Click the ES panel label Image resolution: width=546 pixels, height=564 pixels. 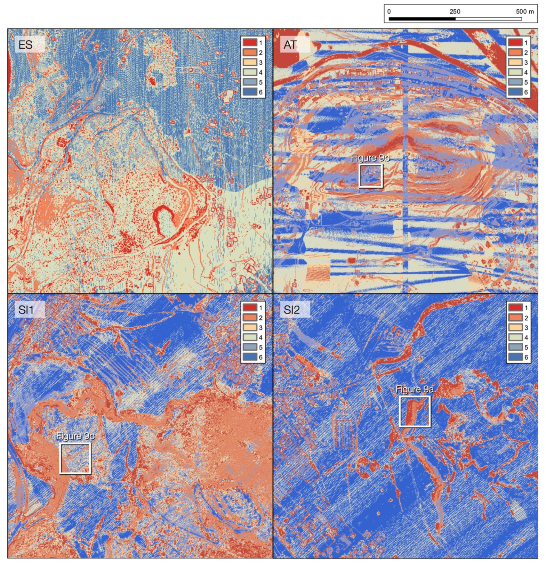point(25,45)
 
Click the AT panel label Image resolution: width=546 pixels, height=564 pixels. point(290,45)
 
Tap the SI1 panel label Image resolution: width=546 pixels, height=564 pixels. point(26,310)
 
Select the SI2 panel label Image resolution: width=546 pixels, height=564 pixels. point(291,310)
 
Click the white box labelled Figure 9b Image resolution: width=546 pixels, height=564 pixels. point(371,176)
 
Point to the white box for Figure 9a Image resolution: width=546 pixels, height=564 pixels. point(415,411)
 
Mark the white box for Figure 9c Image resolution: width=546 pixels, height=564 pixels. point(75,458)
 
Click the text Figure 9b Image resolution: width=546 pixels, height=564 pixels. point(370,158)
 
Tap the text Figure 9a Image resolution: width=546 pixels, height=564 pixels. point(415,390)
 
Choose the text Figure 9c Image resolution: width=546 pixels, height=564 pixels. point(75,436)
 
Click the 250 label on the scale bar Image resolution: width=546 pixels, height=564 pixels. point(455,11)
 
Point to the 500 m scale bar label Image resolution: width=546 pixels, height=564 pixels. point(524,11)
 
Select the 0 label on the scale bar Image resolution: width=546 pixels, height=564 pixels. point(389,11)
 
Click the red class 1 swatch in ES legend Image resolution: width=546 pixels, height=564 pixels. point(250,43)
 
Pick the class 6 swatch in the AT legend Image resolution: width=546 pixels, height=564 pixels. point(515,92)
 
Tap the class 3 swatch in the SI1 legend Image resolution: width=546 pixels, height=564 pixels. point(250,327)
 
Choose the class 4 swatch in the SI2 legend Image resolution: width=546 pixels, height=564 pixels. point(515,337)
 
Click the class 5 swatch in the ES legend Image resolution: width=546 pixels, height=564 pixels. point(250,82)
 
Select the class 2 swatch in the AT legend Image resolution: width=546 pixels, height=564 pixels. point(515,52)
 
